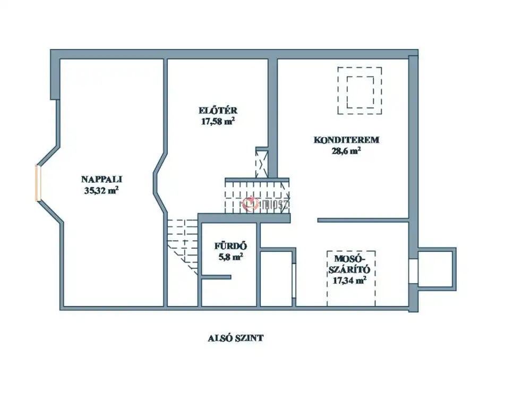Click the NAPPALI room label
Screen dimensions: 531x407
[x=101, y=179]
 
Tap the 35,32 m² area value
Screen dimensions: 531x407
[x=101, y=190]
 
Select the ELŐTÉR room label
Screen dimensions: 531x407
[x=218, y=111]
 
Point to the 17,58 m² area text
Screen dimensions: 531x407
[x=218, y=121]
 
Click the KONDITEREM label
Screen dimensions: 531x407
[x=346, y=140]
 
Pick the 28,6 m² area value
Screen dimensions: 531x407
[x=346, y=151]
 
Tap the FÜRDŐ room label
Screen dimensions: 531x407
[x=230, y=246]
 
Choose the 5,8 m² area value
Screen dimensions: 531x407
[x=230, y=257]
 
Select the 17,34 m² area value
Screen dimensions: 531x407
[x=349, y=280]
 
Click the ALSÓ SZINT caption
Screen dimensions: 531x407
[x=236, y=338]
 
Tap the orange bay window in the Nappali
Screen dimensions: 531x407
[x=38, y=183]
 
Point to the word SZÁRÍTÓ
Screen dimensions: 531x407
[x=349, y=270]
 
